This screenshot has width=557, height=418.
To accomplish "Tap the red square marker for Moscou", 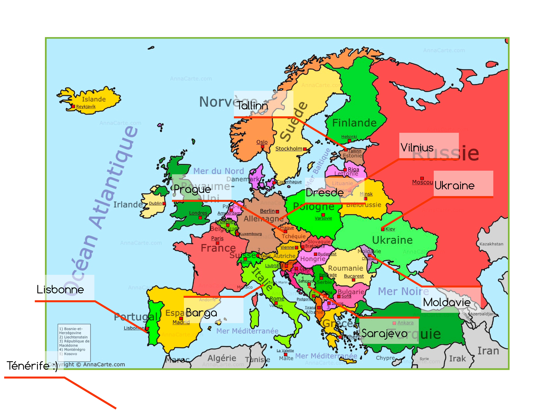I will point(422,178).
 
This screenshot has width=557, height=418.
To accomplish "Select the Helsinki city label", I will point(349,137).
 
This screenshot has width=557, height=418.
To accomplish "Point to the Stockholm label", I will point(289,149).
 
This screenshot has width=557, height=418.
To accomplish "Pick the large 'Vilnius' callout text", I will point(417,148).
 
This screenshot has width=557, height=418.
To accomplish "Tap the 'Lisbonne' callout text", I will point(60,290).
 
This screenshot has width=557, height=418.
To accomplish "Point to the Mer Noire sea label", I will point(403,291).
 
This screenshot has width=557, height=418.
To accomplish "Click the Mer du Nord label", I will point(219,171).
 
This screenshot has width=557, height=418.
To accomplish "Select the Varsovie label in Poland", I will point(323,218).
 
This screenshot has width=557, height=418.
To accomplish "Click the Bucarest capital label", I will point(354,276).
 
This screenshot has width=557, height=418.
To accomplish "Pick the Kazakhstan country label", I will point(491,244).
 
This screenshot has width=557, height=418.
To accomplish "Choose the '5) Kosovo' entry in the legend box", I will point(68,354).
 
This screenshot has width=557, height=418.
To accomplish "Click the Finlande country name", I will point(354,123).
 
